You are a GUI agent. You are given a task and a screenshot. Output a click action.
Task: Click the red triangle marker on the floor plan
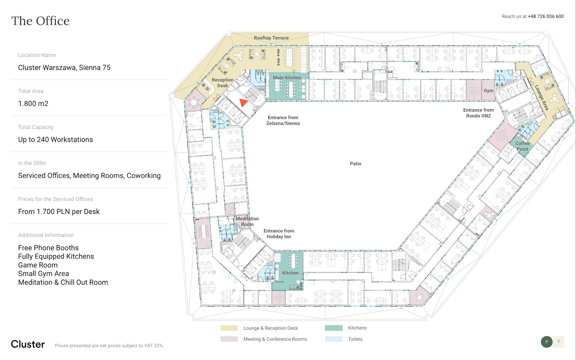tap(243, 102)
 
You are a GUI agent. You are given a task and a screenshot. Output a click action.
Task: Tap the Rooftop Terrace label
tap(271, 38)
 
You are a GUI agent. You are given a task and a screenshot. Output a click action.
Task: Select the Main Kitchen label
tap(287, 77)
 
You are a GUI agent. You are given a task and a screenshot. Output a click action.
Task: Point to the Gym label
tap(488, 91)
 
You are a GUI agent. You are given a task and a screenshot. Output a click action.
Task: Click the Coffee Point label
tap(522, 146)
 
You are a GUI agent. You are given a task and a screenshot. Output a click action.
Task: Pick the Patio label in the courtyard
tap(355, 164)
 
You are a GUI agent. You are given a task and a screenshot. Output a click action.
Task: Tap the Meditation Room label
tap(247, 221)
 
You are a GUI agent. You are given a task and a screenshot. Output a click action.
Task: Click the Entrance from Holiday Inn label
tap(279, 234)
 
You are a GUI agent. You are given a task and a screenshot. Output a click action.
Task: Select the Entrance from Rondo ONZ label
tap(478, 113)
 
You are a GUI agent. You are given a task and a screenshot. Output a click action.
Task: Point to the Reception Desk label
tap(223, 83)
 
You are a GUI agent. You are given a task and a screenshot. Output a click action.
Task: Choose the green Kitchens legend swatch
tap(334, 328)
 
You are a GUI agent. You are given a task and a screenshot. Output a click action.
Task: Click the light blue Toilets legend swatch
tap(334, 339)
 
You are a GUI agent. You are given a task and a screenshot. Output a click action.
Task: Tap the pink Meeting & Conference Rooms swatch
tap(229, 339)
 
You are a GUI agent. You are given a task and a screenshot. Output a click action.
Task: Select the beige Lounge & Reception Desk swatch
tap(229, 328)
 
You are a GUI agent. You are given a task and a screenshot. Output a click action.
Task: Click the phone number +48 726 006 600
tap(546, 16)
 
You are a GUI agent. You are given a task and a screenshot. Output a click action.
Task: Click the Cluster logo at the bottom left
tap(28, 344)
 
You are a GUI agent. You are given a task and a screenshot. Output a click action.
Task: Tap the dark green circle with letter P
tap(546, 342)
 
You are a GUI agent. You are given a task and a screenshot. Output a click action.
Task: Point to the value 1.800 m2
tap(33, 103)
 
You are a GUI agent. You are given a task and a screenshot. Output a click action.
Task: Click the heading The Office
tap(40, 21)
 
